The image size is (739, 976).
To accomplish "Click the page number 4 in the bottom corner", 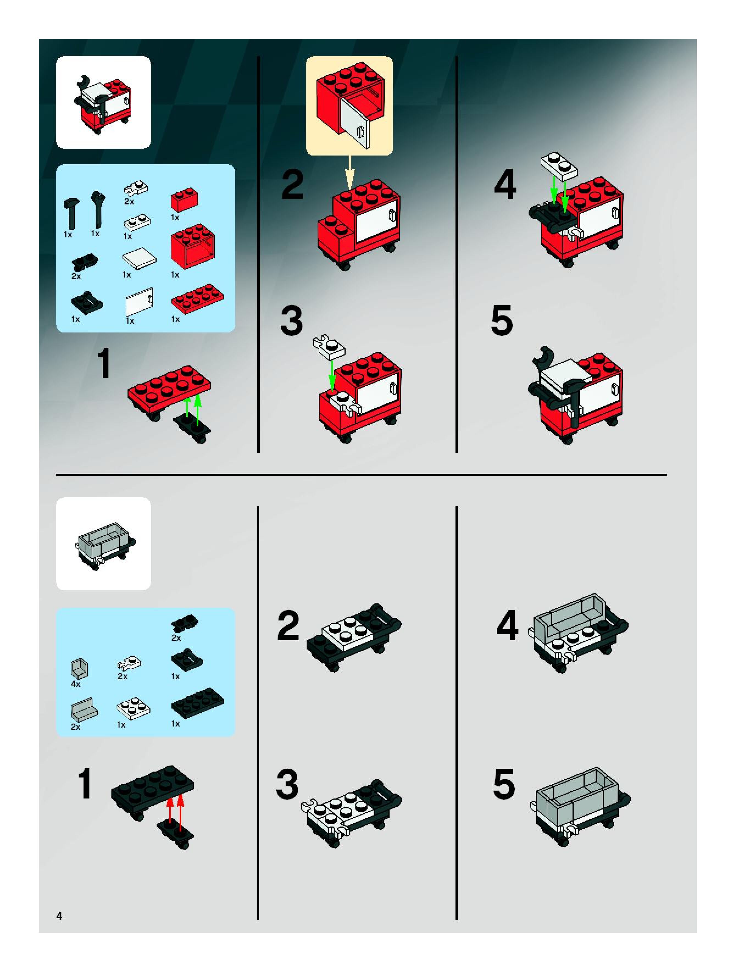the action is pos(59,916).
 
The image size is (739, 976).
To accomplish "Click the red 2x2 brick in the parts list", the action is pos(184,201).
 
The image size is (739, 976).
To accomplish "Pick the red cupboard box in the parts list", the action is pos(193,246).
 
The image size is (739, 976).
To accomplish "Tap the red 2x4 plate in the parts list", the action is pos(197,298).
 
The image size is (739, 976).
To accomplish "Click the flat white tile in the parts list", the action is pos(139,259).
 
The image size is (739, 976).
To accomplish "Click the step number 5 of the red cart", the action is pos(502,320).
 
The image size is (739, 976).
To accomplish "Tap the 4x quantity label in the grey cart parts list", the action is pos(76,684).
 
